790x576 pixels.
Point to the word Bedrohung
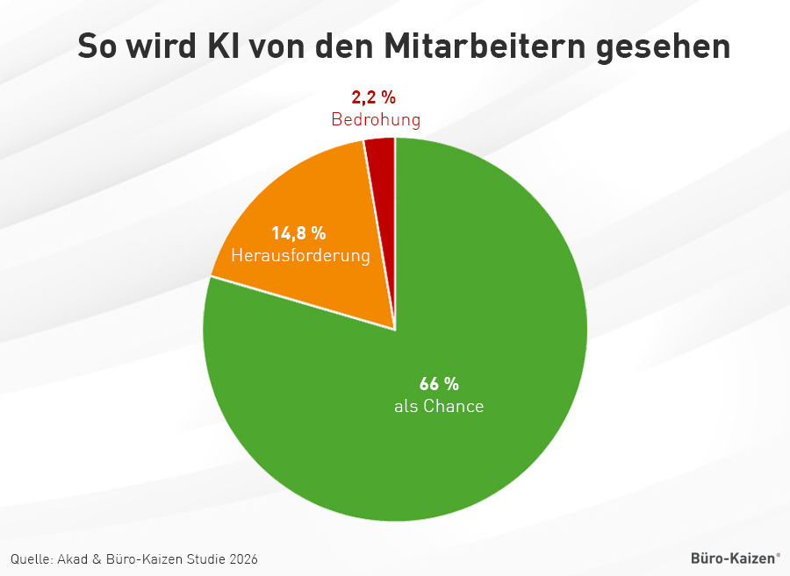(376, 119)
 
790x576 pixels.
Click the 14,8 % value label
(298, 233)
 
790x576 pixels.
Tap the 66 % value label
(439, 384)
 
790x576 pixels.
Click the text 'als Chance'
(439, 406)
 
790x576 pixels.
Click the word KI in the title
(222, 46)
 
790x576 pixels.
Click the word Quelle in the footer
(32, 558)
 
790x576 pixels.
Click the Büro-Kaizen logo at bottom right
(735, 558)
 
